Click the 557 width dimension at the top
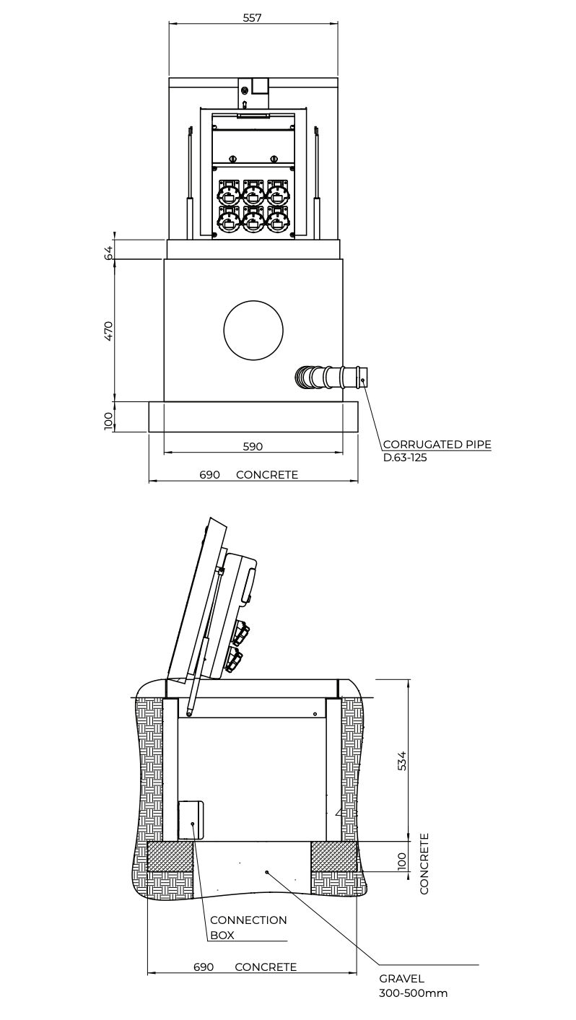[252, 18]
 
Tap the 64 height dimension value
[108, 253]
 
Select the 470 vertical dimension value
[108, 331]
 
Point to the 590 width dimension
[253, 447]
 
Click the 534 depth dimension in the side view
[401, 760]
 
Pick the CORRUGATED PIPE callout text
[437, 445]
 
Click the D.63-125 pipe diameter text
[405, 458]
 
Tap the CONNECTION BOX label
[248, 928]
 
